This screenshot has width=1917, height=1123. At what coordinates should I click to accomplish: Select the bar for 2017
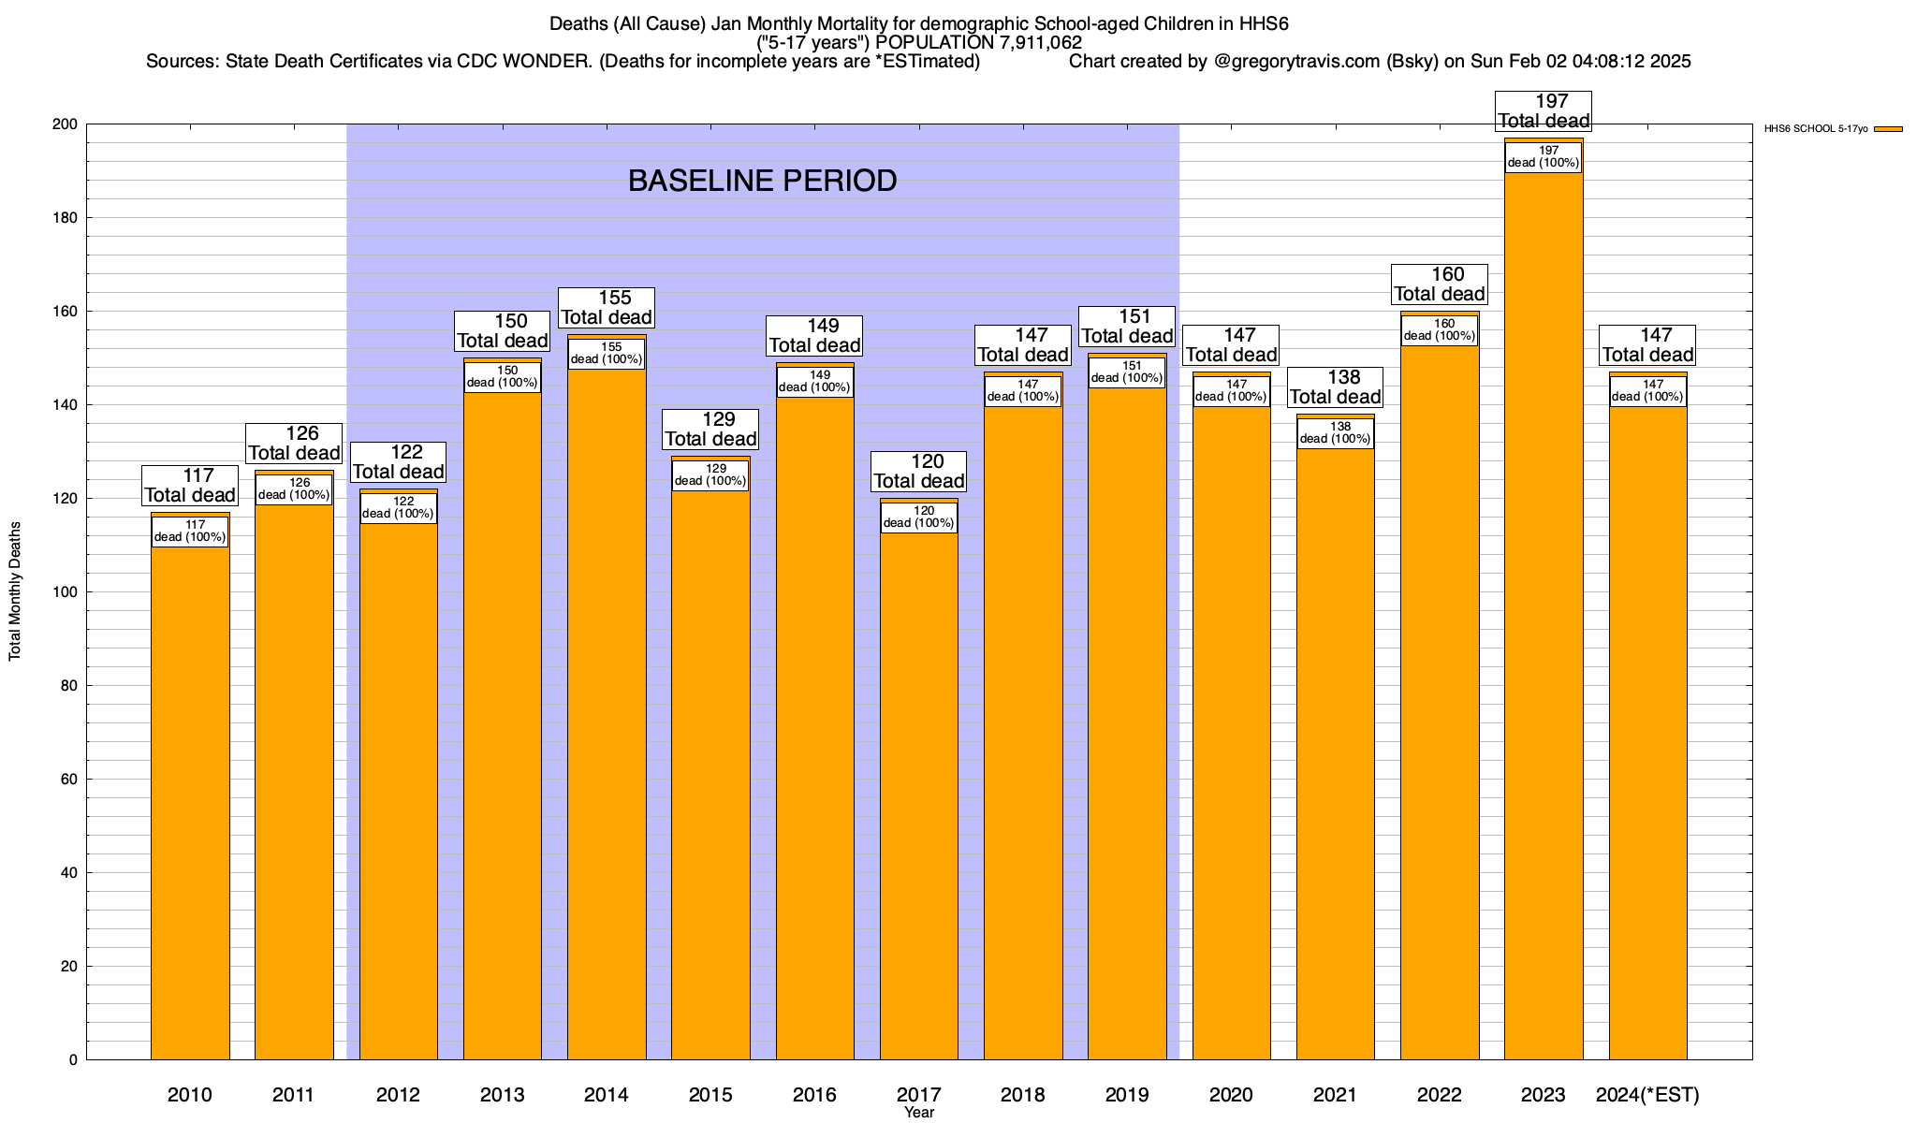tap(919, 795)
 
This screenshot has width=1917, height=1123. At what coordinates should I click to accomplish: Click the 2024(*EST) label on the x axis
tap(1647, 1094)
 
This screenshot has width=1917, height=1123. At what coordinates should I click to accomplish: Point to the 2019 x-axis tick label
tap(1127, 1094)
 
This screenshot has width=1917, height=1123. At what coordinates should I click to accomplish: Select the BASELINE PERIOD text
tap(762, 181)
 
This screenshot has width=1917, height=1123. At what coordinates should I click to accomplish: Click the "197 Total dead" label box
tap(1544, 110)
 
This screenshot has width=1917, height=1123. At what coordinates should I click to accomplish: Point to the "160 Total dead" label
tap(1440, 284)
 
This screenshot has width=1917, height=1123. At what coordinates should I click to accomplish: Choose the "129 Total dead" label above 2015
tap(711, 429)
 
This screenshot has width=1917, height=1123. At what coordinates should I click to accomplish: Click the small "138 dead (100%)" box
tap(1336, 433)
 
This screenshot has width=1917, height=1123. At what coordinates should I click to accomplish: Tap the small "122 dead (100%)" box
tap(398, 508)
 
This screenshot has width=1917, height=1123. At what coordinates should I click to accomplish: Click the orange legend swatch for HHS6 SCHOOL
tap(1888, 129)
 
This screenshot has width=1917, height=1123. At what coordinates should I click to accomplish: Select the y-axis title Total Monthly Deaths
tap(15, 591)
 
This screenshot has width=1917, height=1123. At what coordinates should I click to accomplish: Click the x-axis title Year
tap(919, 1113)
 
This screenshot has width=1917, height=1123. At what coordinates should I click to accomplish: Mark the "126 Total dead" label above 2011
tap(294, 443)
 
